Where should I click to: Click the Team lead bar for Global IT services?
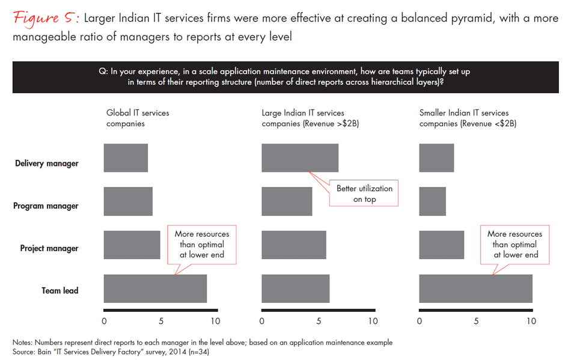pyautogui.click(x=155, y=288)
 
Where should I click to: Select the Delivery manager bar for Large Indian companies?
pyautogui.click(x=299, y=158)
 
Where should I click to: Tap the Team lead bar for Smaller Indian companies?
pyautogui.click(x=475, y=288)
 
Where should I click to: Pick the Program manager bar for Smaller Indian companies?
pyautogui.click(x=432, y=201)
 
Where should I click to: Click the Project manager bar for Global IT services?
pyautogui.click(x=132, y=245)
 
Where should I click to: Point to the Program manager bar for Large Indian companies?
pyautogui.click(x=287, y=201)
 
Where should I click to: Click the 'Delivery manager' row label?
pyautogui.click(x=47, y=163)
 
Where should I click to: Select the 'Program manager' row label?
pyautogui.click(x=46, y=206)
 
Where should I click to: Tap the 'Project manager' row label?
pyautogui.click(x=49, y=248)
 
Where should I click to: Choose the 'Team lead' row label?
pyautogui.click(x=60, y=291)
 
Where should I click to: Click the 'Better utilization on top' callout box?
pyautogui.click(x=364, y=194)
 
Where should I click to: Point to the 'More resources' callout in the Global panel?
pyautogui.click(x=201, y=245)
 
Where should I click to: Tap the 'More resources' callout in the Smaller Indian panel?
pyautogui.click(x=514, y=245)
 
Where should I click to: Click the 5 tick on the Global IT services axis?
pyautogui.click(x=160, y=321)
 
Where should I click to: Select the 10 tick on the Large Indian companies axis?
pyautogui.click(x=373, y=321)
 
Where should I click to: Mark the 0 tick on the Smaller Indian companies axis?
pyautogui.click(x=419, y=321)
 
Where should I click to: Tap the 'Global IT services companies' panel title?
pyautogui.click(x=138, y=118)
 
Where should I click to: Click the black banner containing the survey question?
pyautogui.click(x=285, y=77)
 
